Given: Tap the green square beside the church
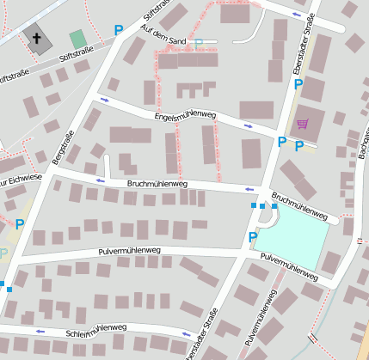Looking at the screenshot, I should point(78,39).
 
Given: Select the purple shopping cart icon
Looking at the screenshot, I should point(302,123).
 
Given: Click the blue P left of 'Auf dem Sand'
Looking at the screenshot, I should point(119,30).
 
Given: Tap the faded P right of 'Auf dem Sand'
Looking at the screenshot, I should point(200,44).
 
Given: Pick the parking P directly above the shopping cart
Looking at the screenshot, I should point(298,85).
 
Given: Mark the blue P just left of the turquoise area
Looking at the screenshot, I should point(252,236).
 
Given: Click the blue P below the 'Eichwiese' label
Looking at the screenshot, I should point(19,224).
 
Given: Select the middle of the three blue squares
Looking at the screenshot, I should point(263,206).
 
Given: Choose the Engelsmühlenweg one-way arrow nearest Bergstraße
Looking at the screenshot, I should point(105,100).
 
